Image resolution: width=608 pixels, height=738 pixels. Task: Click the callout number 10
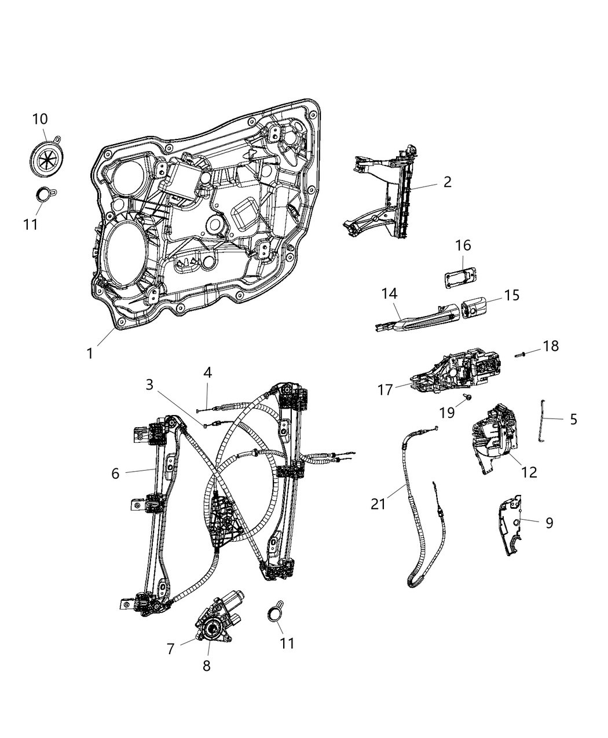[40, 119]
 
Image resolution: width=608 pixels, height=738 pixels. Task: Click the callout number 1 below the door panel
[90, 353]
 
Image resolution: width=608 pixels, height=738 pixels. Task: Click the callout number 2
[446, 182]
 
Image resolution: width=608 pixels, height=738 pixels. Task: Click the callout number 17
[386, 390]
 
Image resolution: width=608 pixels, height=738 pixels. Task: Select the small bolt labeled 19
[467, 398]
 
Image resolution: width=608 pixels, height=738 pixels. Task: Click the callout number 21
[378, 504]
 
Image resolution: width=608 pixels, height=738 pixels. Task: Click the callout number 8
[207, 666]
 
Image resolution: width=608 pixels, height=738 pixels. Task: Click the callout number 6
[115, 473]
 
